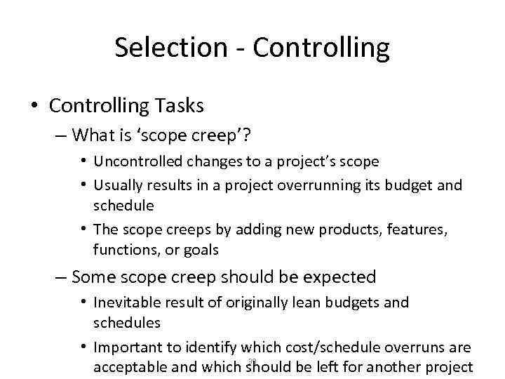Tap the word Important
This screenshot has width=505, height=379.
pyautogui.click(x=129, y=347)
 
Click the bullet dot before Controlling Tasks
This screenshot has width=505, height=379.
pyautogui.click(x=34, y=107)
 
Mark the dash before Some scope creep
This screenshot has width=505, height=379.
pyautogui.click(x=62, y=278)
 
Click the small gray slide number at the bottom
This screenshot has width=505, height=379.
pyautogui.click(x=252, y=361)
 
